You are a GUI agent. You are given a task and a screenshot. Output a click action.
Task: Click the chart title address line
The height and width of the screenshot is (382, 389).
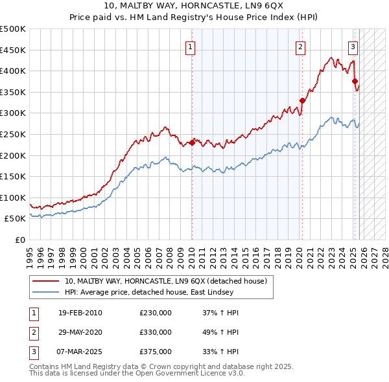(194, 6)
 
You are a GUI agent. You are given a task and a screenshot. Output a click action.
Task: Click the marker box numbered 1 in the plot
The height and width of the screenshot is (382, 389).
(191, 46)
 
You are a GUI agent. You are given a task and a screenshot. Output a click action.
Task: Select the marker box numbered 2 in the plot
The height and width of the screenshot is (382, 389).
(301, 46)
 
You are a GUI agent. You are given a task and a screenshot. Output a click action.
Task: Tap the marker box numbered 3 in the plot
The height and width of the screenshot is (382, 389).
(353, 46)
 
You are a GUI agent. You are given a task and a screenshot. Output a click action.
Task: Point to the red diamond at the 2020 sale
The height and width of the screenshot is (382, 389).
(302, 100)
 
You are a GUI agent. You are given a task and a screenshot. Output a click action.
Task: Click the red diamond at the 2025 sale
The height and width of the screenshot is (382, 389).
(355, 82)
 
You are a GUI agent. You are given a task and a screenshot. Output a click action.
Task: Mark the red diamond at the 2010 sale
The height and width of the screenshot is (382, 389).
(192, 142)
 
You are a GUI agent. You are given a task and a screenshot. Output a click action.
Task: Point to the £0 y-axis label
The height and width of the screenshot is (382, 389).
(19, 240)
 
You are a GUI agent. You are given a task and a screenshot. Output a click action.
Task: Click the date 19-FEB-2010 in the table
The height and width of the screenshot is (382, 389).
(80, 313)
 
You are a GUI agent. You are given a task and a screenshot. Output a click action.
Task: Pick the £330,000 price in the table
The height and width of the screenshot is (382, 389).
(156, 332)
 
